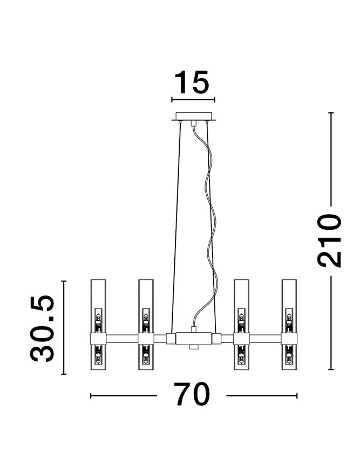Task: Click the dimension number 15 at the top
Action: pyautogui.click(x=192, y=82)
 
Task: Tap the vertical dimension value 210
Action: pyautogui.click(x=329, y=241)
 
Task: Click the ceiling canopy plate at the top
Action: pyautogui.click(x=194, y=116)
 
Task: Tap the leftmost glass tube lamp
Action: pyautogui.click(x=98, y=325)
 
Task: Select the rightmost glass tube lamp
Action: pyautogui.click(x=289, y=325)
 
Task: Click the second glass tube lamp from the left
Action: pyautogui.click(x=146, y=325)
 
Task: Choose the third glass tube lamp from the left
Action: pyautogui.click(x=241, y=325)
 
